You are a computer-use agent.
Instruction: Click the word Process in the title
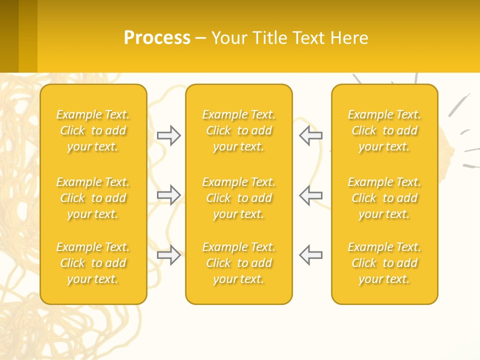(157, 38)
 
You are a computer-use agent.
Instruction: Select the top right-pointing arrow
(169, 135)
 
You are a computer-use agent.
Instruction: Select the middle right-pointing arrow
(169, 194)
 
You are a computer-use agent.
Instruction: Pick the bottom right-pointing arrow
(169, 254)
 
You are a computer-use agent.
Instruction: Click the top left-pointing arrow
(311, 135)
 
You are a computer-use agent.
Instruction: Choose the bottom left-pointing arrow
(311, 254)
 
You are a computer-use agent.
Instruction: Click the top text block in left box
(93, 130)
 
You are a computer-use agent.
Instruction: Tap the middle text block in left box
(93, 198)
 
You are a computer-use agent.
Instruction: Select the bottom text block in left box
(93, 263)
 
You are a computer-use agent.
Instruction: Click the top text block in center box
(239, 130)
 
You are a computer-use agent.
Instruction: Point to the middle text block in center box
(239, 198)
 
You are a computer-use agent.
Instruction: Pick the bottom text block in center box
(239, 263)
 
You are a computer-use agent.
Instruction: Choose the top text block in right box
(384, 130)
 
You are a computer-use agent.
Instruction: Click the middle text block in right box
(384, 198)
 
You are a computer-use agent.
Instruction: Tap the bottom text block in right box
(384, 263)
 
